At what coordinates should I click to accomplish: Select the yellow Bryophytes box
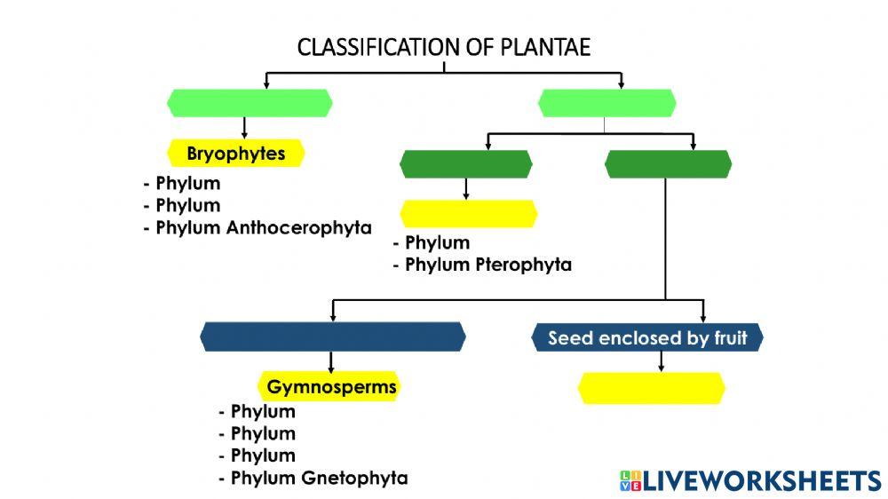[x=236, y=154]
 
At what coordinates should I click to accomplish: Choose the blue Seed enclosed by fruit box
[x=647, y=338]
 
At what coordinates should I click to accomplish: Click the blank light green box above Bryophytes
[x=250, y=103]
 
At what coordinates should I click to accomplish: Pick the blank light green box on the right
[x=607, y=103]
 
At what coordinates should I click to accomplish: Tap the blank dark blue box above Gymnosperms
[x=333, y=337]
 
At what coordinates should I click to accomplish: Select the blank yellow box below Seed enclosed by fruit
[x=651, y=388]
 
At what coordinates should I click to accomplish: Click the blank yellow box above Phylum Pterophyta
[x=469, y=214]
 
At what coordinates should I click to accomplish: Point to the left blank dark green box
[x=466, y=164]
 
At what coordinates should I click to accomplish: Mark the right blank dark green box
[x=668, y=164]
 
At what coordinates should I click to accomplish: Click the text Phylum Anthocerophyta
[x=263, y=227]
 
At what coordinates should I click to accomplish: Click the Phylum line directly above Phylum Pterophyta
[x=437, y=243]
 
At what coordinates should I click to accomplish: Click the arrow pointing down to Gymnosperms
[x=331, y=362]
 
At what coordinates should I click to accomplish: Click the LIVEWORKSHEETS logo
[x=750, y=480]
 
